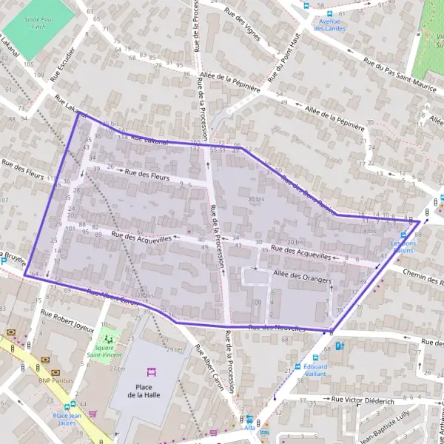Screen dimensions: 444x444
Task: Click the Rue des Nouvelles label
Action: tap(277, 328)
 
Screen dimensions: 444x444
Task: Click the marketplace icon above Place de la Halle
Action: tap(149, 371)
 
